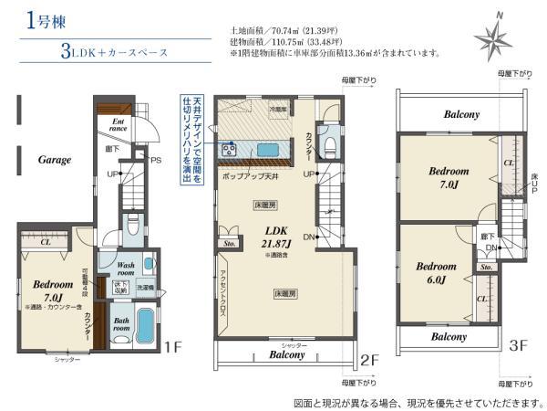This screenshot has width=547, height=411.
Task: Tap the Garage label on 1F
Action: [54, 159]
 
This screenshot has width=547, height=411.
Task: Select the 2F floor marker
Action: [368, 360]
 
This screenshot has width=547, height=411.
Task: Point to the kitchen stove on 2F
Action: [228, 149]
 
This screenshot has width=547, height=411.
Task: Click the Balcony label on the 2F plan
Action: [285, 354]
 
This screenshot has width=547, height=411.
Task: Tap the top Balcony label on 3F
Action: [462, 114]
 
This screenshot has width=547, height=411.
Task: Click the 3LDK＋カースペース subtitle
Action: [113, 53]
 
